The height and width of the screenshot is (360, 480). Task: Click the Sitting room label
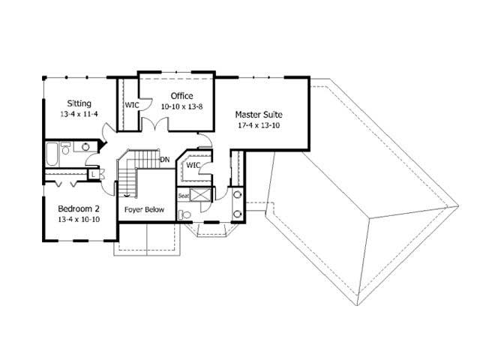pos(79,103)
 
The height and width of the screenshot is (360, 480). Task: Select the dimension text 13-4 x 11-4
pos(79,115)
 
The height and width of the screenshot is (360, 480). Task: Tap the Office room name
pos(181,96)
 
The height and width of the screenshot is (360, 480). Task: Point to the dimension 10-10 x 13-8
pos(181,106)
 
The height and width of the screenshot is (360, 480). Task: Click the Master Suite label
pos(259,115)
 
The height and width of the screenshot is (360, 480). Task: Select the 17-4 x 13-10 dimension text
pos(259,125)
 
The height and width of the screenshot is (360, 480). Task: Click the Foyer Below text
pos(144,209)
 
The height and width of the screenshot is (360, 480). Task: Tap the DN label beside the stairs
pos(164,159)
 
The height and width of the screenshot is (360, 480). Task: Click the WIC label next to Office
pos(132,105)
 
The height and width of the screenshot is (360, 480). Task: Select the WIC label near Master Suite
pos(193,165)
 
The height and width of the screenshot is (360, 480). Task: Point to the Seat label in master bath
pos(184,196)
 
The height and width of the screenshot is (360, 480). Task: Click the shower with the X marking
pos(202,196)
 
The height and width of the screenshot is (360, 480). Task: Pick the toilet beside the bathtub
pos(66,150)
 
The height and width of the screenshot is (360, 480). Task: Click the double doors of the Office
pos(155,125)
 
